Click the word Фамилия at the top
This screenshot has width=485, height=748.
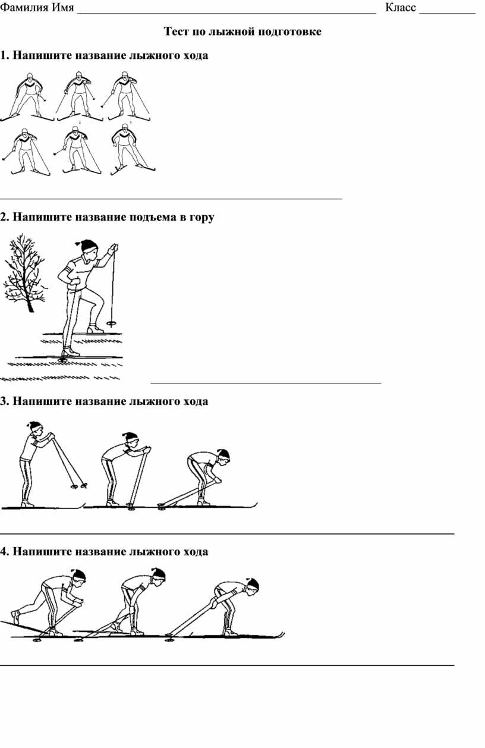click(24, 7)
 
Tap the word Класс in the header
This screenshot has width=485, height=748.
click(401, 7)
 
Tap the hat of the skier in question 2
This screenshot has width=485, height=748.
click(88, 246)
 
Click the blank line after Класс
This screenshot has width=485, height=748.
click(448, 13)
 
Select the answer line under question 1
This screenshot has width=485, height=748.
click(171, 199)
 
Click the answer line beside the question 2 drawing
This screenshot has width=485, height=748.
click(266, 383)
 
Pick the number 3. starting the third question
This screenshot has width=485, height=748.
click(4, 401)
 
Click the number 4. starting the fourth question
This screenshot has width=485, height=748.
click(4, 551)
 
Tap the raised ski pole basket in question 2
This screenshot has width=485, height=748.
click(111, 323)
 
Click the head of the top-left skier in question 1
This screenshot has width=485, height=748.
click(30, 76)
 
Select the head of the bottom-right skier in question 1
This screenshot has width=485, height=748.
click(125, 128)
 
